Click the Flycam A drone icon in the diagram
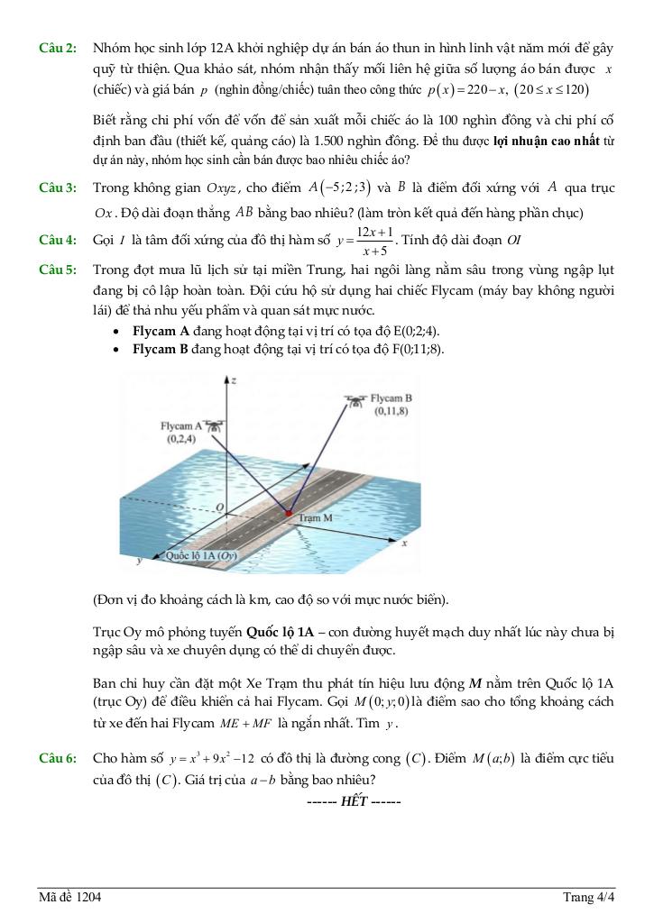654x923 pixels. [x=214, y=422]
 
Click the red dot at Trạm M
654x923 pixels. [x=289, y=514]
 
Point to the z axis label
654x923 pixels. [x=233, y=381]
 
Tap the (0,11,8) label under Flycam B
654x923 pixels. [x=391, y=411]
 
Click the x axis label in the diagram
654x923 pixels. [x=404, y=544]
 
